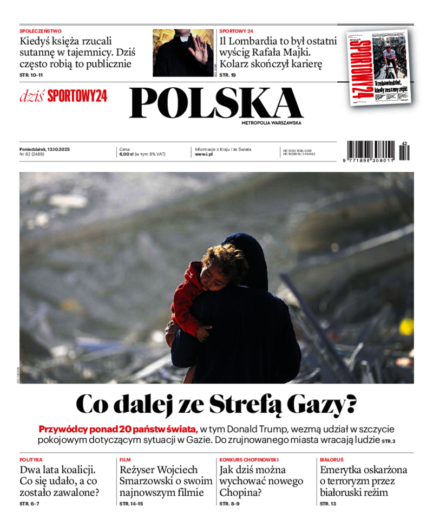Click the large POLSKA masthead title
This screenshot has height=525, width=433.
[216, 103]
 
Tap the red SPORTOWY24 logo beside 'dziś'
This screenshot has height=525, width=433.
[77, 96]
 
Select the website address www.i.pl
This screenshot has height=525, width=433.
[204, 154]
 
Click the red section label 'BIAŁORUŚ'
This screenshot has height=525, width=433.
[331, 459]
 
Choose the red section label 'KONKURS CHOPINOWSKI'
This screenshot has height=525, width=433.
[248, 459]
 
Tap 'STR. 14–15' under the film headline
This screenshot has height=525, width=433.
[131, 504]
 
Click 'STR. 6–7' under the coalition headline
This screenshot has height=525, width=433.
[29, 504]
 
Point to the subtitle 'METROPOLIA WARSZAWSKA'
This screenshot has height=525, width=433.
[271, 123]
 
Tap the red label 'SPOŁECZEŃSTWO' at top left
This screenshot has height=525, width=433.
[41, 31]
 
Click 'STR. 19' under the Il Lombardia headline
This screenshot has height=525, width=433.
[227, 75]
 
